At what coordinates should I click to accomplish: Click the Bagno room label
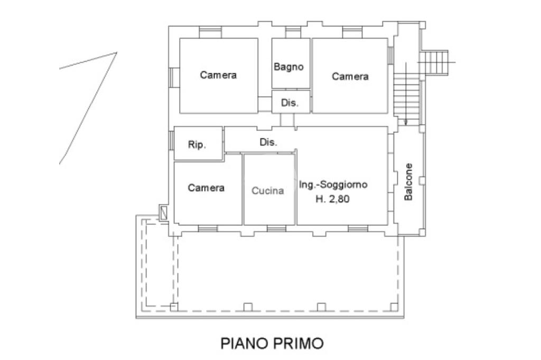coord(288,67)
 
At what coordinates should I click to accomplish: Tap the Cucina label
coord(267,191)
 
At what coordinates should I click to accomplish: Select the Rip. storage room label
coord(197,145)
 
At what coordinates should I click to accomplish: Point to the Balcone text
coord(408,182)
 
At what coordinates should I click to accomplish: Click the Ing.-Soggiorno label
coord(333,184)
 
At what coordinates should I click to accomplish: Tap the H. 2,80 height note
coord(332,199)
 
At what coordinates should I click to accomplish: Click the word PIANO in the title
coord(244,344)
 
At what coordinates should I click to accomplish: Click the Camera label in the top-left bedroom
coord(218,75)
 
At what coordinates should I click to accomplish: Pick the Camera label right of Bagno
coord(350,76)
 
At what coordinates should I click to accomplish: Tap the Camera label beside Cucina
coord(206,188)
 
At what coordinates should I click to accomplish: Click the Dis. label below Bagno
coord(290,103)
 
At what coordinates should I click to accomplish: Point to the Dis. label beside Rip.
coord(268,142)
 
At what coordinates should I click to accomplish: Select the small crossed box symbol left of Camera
coord(164,212)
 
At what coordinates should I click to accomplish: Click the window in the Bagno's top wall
coord(293,33)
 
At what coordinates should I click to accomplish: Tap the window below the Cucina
coord(276,229)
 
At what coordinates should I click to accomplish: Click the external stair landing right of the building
coord(434,62)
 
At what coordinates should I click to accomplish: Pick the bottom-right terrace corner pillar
coord(394,307)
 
